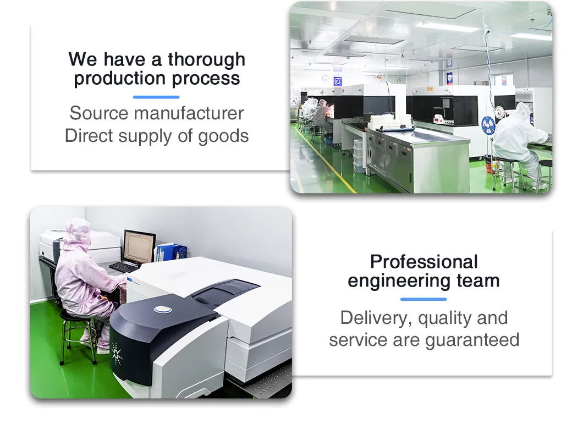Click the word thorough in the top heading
(206, 59)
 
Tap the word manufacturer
(189, 113)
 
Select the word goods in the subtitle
(223, 136)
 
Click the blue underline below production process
(156, 97)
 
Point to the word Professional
(424, 262)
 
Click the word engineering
(399, 282)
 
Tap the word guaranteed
(472, 340)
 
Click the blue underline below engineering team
(424, 299)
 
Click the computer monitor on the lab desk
(140, 246)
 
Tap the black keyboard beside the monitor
(124, 266)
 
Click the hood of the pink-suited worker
(78, 232)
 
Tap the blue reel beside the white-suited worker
(488, 125)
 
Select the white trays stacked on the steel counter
(391, 122)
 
